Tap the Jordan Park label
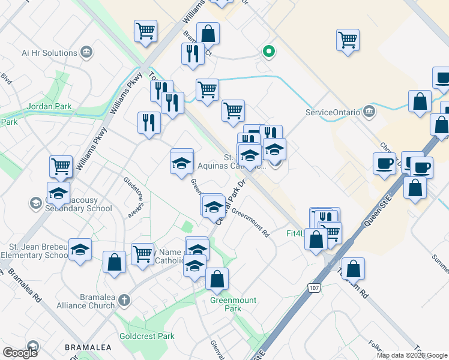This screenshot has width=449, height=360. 49,107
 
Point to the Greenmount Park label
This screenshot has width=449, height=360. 234,304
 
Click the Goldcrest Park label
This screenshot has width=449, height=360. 147,336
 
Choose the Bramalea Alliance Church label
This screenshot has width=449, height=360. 97,301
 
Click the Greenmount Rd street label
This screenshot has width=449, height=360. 250,221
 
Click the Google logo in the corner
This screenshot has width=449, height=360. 20,353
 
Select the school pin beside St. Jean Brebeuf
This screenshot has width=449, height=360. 80,250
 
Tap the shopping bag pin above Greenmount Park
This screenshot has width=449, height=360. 217,278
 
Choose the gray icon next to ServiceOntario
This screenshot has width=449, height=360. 369,112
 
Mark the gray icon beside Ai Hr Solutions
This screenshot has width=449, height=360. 86,52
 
